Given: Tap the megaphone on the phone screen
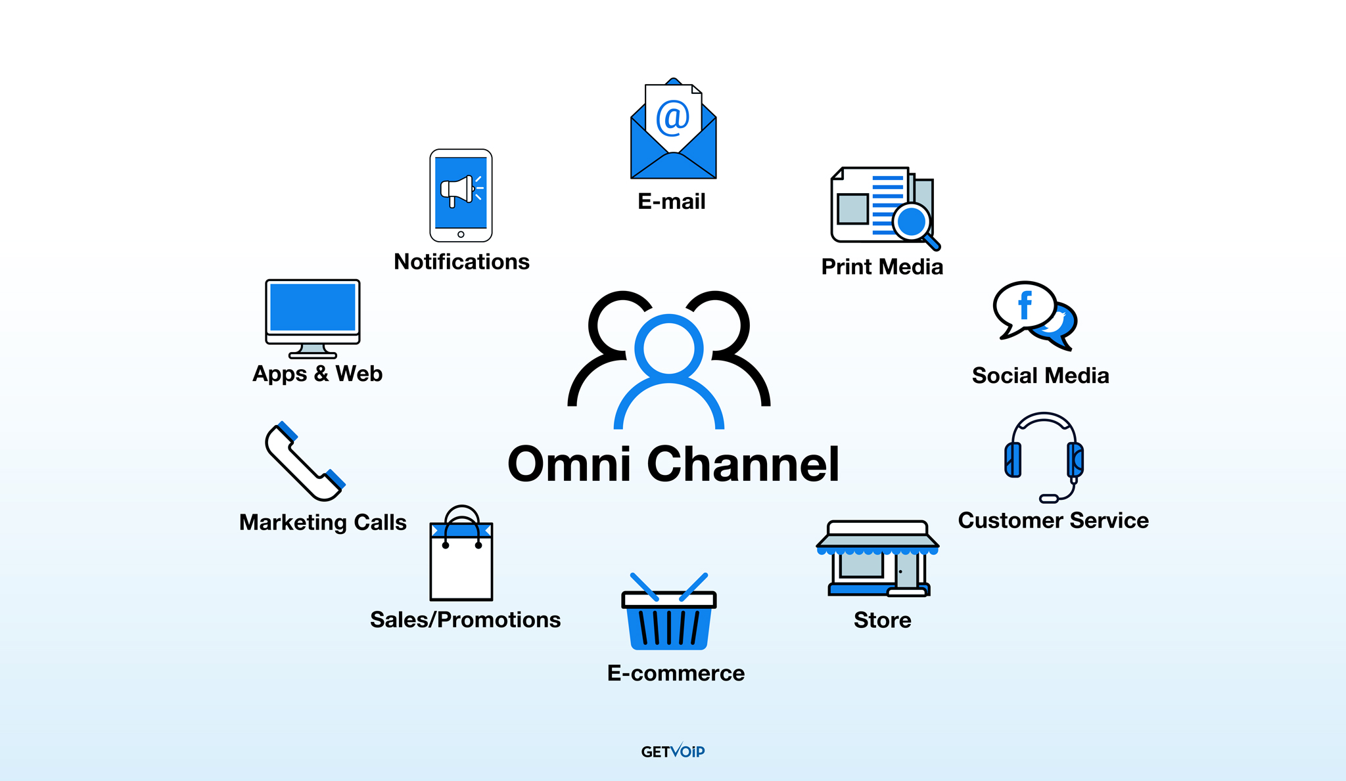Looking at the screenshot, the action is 458,190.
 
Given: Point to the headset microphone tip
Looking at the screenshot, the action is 1049,499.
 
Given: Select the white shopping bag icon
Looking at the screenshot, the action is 461,553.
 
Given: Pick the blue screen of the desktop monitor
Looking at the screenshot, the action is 313,307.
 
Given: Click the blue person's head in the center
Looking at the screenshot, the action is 669,348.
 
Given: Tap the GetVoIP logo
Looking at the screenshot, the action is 673,751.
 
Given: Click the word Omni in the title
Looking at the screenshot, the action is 570,464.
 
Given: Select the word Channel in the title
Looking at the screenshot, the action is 743,464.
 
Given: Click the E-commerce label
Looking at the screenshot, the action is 676,673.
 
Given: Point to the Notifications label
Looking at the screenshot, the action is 461,262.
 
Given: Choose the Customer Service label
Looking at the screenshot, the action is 1054,520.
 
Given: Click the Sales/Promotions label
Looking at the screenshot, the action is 465,620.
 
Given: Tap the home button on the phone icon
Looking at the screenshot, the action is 461,234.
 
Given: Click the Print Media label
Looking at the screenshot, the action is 882,267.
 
